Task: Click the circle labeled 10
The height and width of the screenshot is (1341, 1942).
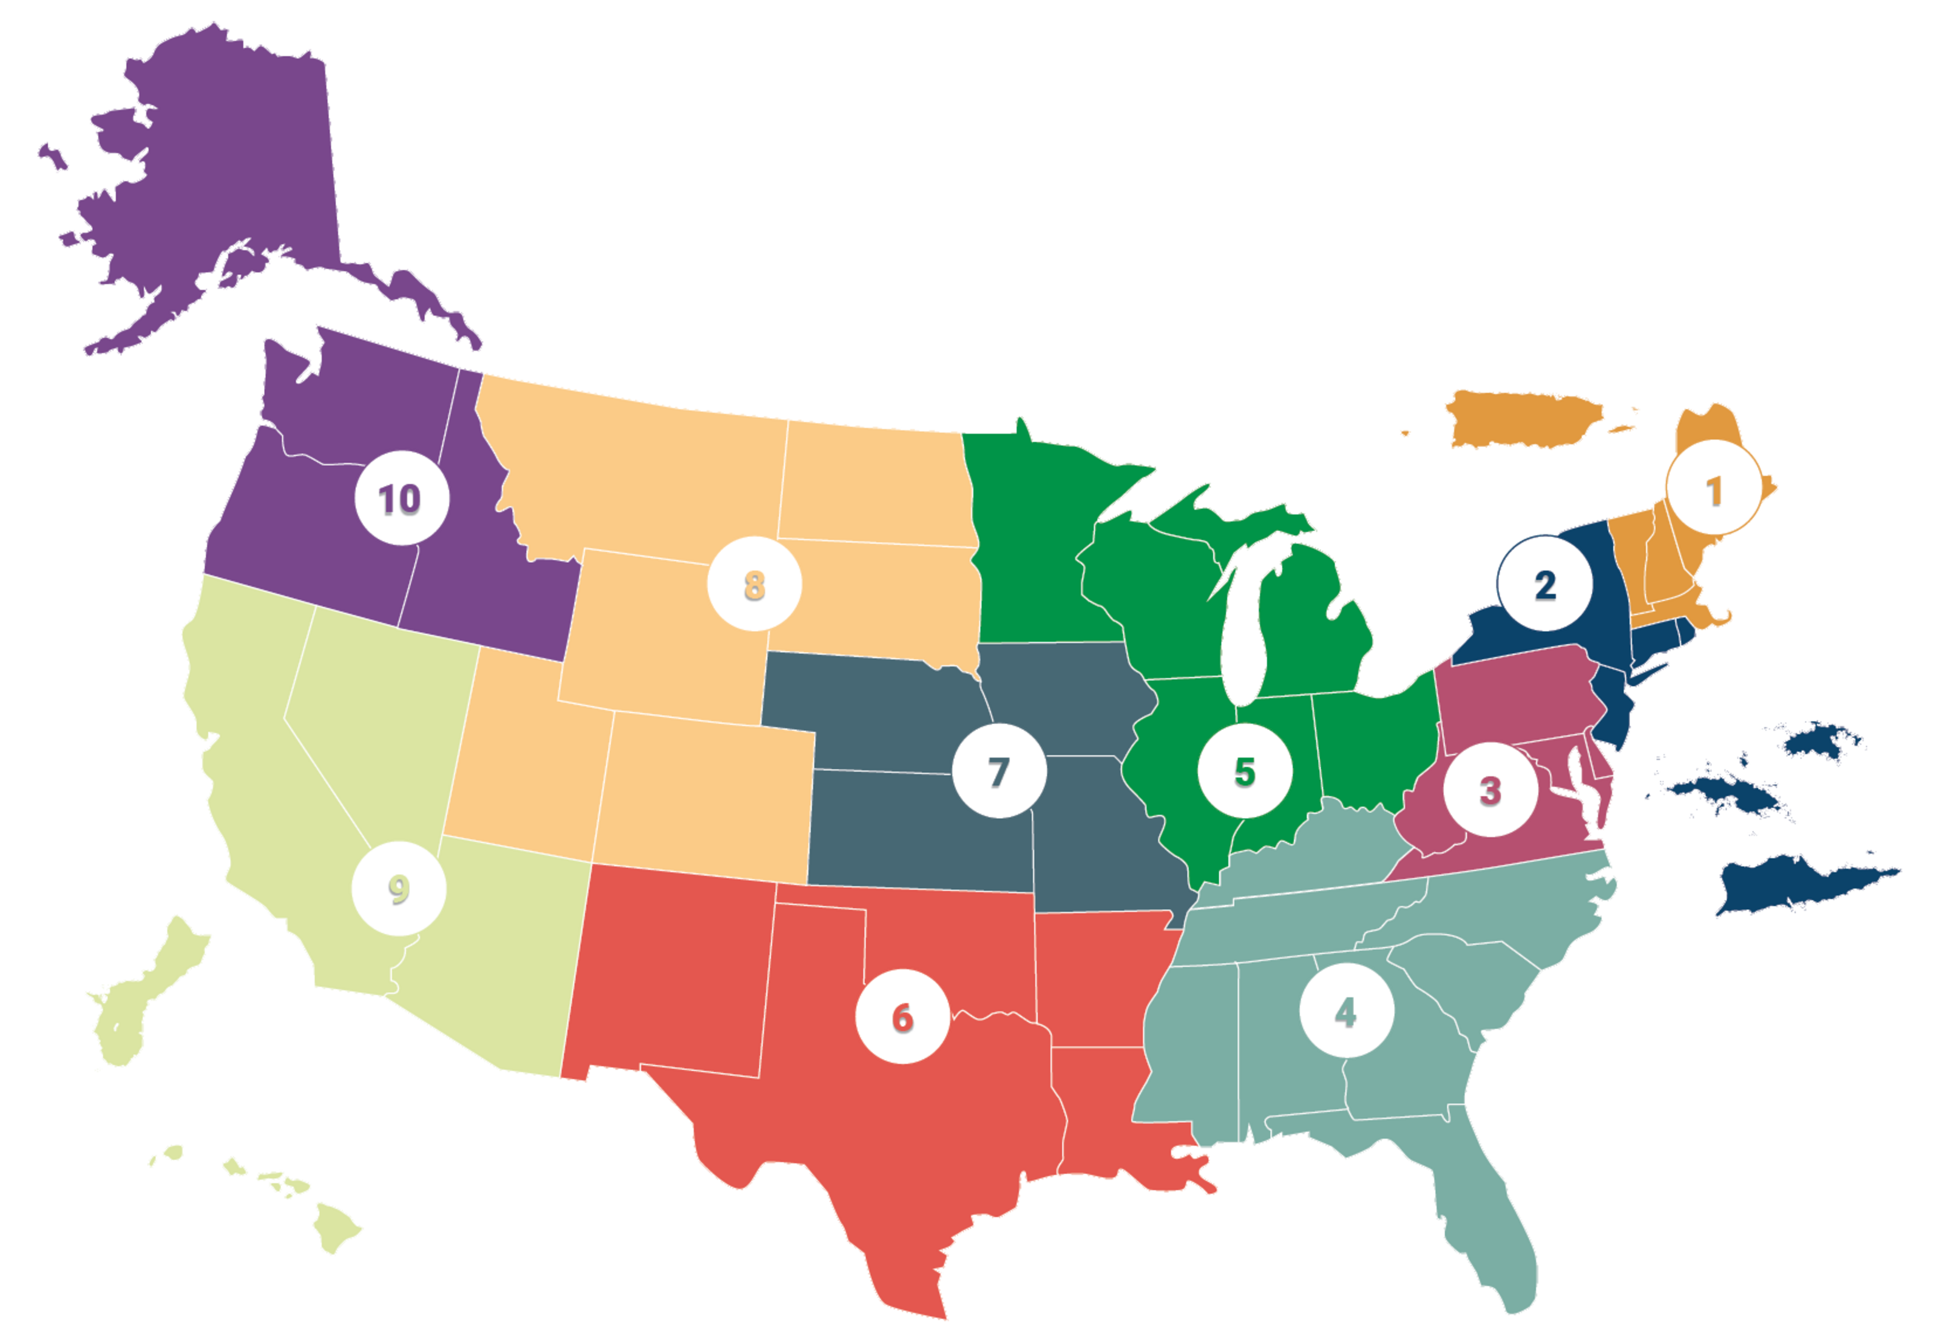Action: pos(401,499)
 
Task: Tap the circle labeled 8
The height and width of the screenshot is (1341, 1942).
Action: pos(754,584)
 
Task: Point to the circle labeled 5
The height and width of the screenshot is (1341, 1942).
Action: pos(1244,771)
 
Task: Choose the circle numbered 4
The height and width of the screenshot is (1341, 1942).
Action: pos(1346,1012)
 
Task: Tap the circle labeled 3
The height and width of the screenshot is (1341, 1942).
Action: pos(1490,790)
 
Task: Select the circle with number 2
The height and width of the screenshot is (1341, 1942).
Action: pos(1545,585)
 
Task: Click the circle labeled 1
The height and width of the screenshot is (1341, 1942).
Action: pos(1713,491)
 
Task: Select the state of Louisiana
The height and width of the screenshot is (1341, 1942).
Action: pos(1110,1117)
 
